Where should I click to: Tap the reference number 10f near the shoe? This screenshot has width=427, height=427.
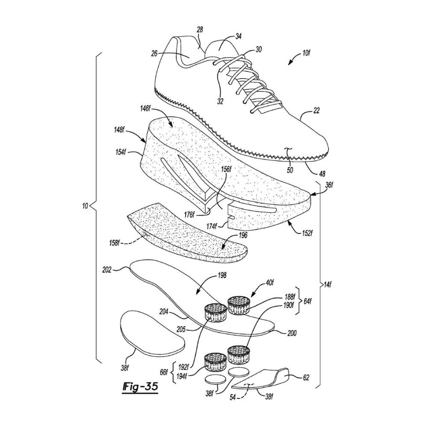click(x=306, y=53)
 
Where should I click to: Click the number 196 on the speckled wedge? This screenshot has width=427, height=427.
click(x=243, y=235)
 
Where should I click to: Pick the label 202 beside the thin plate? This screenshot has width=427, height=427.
click(x=107, y=270)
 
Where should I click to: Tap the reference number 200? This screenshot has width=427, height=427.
click(x=292, y=333)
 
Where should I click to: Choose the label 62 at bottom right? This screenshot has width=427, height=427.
click(x=306, y=377)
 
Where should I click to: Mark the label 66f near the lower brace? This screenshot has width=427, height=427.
click(x=164, y=372)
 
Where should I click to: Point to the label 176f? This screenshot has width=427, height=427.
click(x=189, y=215)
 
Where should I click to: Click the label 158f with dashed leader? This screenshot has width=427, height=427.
click(x=114, y=242)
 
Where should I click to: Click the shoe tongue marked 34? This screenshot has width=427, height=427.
click(x=221, y=49)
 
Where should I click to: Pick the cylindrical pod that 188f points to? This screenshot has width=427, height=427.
click(x=239, y=305)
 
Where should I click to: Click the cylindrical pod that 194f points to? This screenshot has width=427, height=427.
click(x=215, y=362)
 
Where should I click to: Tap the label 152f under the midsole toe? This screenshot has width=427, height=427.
click(x=307, y=233)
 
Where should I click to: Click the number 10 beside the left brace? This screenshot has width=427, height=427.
click(x=85, y=206)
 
